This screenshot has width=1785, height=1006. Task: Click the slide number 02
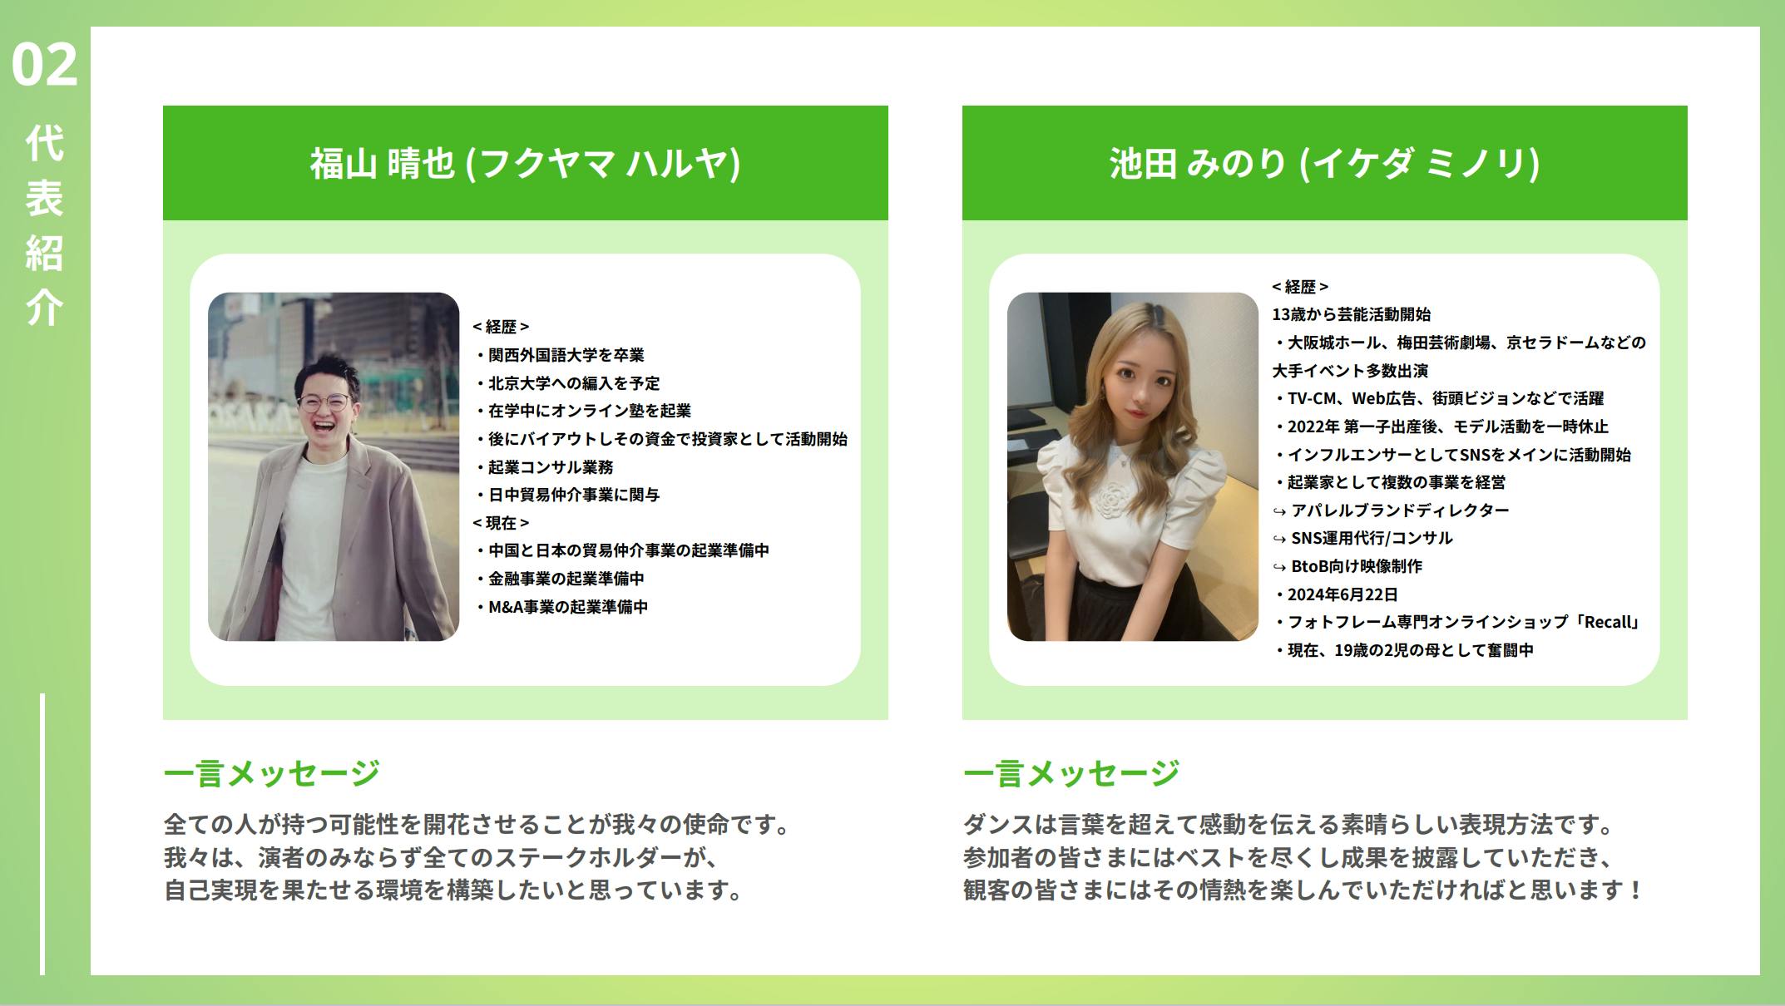point(44,64)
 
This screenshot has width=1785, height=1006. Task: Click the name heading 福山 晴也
point(383,163)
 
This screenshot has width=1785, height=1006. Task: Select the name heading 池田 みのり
point(1199,163)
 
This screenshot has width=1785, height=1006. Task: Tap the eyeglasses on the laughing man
point(324,403)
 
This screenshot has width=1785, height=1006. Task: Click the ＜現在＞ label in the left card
point(501,523)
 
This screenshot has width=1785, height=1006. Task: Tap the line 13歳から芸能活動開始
point(1352,314)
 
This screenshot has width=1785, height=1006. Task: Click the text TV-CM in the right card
point(1314,399)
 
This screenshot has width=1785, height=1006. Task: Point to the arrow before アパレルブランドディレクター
point(1279,511)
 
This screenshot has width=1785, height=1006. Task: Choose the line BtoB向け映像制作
point(1357,566)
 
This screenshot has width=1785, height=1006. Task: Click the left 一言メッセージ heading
point(272,773)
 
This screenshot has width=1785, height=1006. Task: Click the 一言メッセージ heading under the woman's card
point(1071,773)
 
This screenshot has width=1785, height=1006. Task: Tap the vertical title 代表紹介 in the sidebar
point(44,225)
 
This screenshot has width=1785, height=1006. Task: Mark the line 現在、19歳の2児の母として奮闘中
point(1406,650)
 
